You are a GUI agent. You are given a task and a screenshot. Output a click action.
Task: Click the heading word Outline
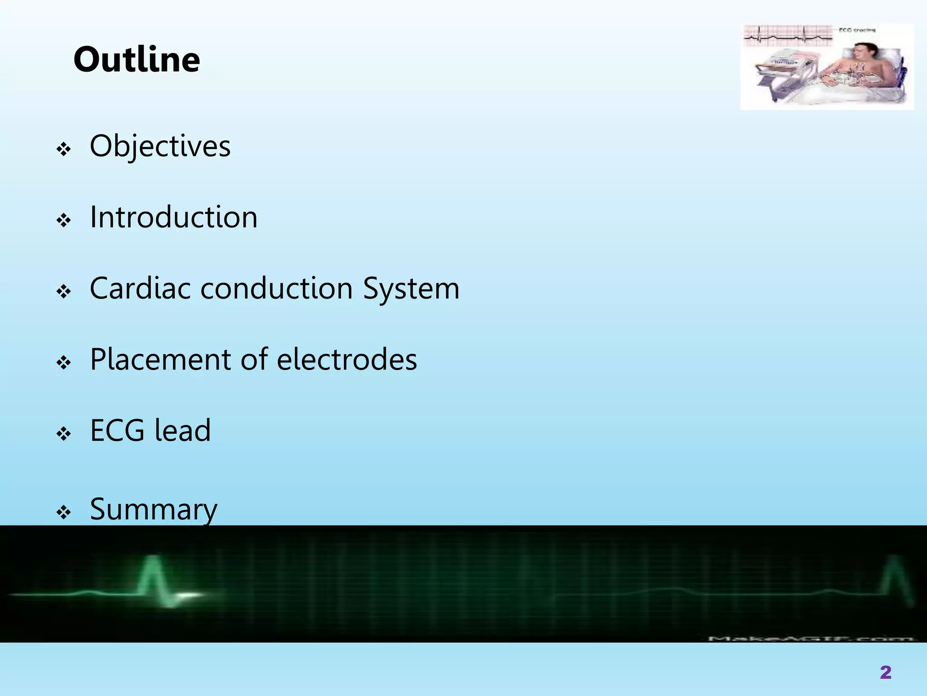tap(137, 60)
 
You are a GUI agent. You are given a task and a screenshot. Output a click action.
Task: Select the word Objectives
tap(160, 146)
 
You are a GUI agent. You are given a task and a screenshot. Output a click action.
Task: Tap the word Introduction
tap(174, 217)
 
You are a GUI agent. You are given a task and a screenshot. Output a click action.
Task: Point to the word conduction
tap(277, 288)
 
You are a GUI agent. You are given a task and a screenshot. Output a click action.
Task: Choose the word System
tap(411, 289)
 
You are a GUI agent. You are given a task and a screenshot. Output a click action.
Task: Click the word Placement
tap(160, 359)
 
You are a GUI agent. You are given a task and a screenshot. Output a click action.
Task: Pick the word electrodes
tap(347, 359)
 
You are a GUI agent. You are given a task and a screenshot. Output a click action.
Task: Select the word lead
tap(182, 430)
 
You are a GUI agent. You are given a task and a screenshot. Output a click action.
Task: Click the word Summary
tap(154, 510)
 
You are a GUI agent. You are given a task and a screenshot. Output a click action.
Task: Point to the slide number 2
tap(885, 672)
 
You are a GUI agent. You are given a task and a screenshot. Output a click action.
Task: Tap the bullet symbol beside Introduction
tap(64, 221)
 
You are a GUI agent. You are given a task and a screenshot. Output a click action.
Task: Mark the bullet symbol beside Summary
tap(64, 512)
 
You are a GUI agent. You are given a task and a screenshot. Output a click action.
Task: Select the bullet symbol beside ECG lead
tap(64, 434)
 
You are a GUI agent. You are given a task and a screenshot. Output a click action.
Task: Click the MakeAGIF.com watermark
tap(810, 638)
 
